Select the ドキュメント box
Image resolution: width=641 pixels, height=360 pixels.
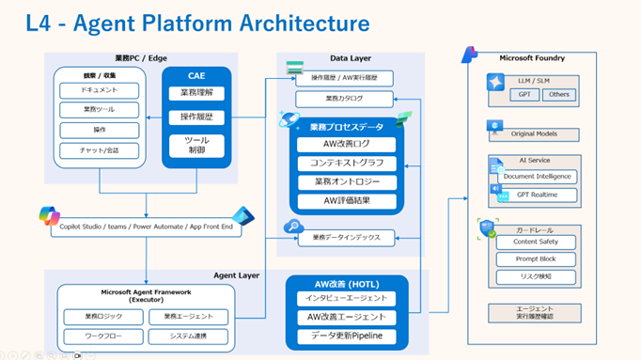click(100, 90)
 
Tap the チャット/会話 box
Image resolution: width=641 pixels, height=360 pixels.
click(100, 150)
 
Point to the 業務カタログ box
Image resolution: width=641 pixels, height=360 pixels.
click(344, 99)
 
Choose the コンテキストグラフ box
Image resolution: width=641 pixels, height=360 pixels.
click(347, 164)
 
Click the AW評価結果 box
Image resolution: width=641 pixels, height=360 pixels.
click(347, 200)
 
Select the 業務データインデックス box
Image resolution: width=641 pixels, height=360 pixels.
click(347, 239)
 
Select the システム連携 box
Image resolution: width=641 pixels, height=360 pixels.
click(188, 337)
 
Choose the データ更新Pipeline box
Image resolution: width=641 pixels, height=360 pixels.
click(347, 337)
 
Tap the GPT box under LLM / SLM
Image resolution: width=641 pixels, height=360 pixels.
click(524, 94)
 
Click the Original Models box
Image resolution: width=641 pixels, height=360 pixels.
click(534, 134)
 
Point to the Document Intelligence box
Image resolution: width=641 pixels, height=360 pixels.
click(537, 177)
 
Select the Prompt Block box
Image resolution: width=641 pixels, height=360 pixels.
click(536, 259)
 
